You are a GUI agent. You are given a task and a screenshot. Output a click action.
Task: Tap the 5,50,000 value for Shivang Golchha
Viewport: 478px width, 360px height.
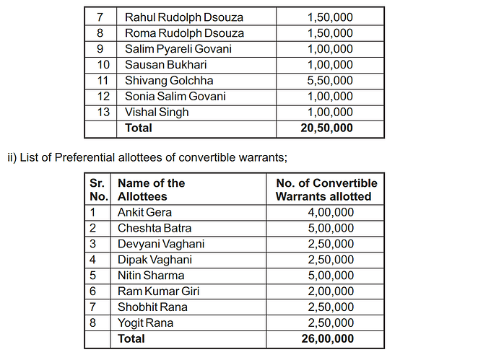[x=330, y=81]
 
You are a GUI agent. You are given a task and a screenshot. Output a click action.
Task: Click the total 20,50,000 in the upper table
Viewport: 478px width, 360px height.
[x=326, y=128]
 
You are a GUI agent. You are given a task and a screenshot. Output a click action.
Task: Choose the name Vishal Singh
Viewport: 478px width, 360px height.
[x=157, y=112]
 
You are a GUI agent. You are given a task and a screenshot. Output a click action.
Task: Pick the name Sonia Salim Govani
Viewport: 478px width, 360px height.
[x=175, y=96]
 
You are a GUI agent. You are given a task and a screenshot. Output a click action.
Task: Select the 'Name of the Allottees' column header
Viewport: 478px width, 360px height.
[x=151, y=190]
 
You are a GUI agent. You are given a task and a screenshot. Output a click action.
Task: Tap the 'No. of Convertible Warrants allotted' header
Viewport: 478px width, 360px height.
[x=326, y=190]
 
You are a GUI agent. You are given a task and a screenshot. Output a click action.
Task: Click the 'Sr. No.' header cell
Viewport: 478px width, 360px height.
[x=97, y=190]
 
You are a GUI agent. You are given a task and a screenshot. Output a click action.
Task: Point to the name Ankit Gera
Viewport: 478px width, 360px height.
[x=145, y=212]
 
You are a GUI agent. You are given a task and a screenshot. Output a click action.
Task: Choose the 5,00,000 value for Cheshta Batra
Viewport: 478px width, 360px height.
[x=330, y=228]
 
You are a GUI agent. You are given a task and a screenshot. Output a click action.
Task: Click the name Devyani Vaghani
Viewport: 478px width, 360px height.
[x=161, y=244]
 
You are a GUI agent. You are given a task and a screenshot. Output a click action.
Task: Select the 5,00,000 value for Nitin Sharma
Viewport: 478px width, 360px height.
[x=330, y=275]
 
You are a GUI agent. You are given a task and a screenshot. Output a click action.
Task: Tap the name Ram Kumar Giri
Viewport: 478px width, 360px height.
[x=159, y=291]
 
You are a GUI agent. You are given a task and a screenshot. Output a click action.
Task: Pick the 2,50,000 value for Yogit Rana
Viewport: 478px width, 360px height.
[x=330, y=322]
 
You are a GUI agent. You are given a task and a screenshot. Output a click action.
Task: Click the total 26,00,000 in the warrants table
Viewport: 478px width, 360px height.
[x=326, y=338]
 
